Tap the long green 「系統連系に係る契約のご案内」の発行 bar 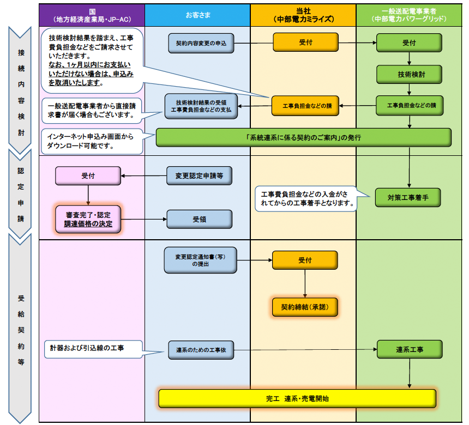tap(303, 137)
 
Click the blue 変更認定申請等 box tap(199, 175)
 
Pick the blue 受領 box tap(199, 219)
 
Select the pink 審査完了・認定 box tap(88, 219)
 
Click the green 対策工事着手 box tap(408, 197)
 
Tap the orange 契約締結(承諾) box tap(305, 307)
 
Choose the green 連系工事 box tap(408, 349)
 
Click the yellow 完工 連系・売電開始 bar tap(297, 398)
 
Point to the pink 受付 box tap(88, 175)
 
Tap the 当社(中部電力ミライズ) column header tap(303, 15)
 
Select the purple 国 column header tap(92, 15)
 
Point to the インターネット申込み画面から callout tap(92, 141)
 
